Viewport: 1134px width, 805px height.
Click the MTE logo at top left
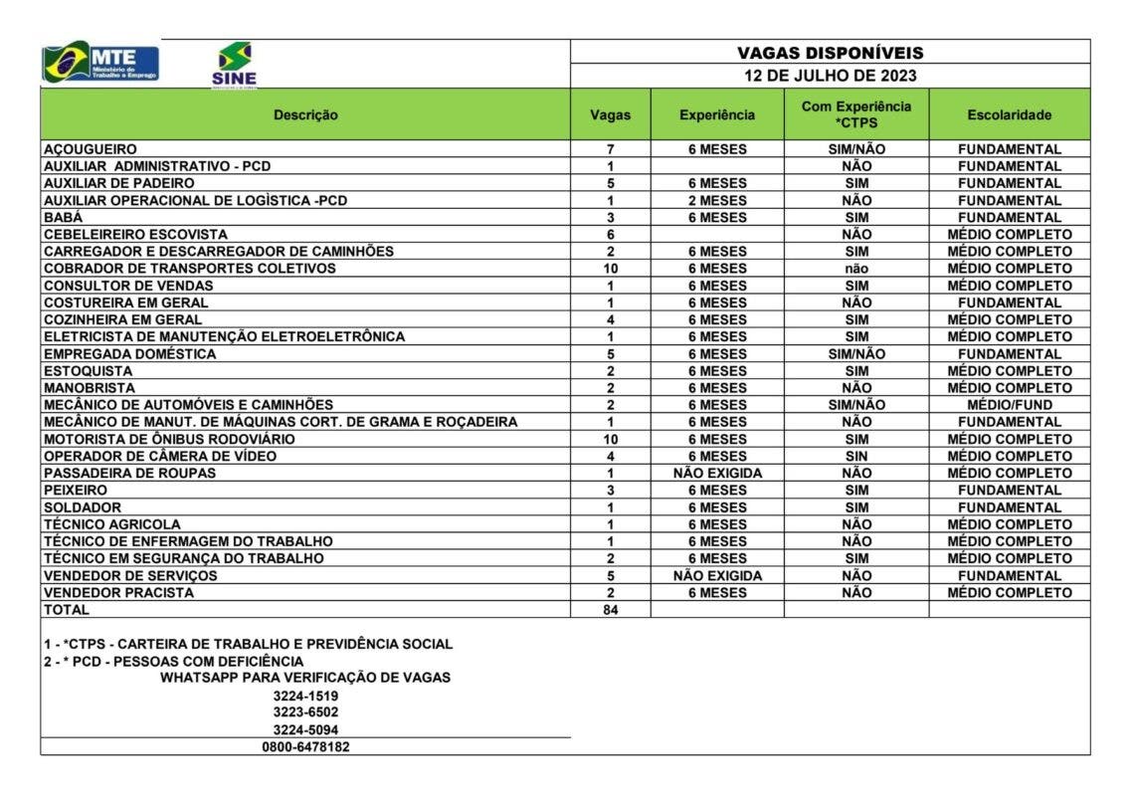click(x=100, y=62)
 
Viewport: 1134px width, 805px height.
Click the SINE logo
click(x=234, y=65)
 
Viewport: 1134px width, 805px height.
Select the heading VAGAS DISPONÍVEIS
click(x=830, y=53)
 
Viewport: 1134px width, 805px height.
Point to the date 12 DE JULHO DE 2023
click(x=830, y=76)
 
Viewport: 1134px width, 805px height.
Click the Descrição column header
click(x=305, y=114)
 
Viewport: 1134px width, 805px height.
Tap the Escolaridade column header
click(x=1009, y=114)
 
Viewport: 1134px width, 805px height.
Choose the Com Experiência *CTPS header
click(x=855, y=114)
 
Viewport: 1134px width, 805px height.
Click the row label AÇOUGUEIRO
click(x=91, y=149)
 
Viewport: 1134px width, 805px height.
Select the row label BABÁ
click(x=63, y=217)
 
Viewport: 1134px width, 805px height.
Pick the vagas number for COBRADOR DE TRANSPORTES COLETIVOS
click(x=610, y=269)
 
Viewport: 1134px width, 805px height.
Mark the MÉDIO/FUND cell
click(x=1009, y=405)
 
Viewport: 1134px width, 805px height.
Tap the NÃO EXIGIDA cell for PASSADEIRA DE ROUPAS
click(x=716, y=473)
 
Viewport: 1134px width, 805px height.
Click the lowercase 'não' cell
click(x=855, y=269)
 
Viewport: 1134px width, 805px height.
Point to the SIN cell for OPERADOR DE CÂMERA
click(x=855, y=456)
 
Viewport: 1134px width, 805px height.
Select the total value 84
click(x=610, y=610)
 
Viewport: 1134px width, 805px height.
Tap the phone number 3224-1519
click(x=305, y=696)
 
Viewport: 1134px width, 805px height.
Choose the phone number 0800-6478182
click(x=305, y=746)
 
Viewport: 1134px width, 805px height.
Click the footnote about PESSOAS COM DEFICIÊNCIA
click(x=179, y=661)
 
